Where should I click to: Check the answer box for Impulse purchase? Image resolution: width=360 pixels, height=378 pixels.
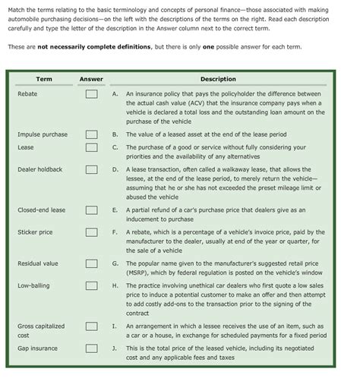(x=91, y=134)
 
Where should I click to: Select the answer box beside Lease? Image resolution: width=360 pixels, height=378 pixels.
(x=91, y=147)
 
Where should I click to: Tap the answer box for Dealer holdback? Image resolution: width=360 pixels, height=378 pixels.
(x=91, y=169)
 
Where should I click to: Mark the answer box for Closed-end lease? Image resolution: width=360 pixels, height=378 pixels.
(x=91, y=209)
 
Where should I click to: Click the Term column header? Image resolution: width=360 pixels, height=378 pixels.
(x=43, y=79)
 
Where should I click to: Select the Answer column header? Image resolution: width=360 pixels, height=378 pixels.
(x=91, y=79)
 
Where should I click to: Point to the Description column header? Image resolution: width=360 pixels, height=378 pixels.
(x=218, y=79)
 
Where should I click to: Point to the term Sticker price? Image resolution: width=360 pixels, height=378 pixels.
(x=35, y=232)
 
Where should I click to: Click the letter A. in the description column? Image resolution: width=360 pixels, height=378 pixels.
(x=114, y=94)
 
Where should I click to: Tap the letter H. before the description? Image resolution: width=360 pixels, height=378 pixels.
(x=114, y=285)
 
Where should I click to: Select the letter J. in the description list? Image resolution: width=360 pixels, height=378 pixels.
(x=114, y=348)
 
